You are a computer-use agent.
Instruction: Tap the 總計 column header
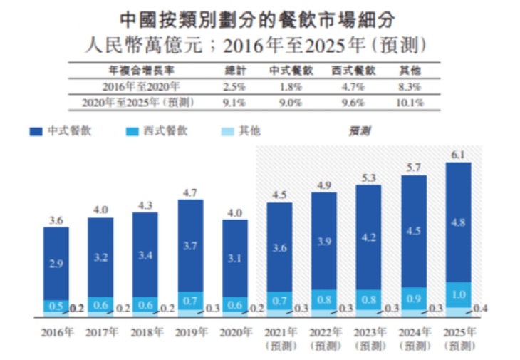click(234, 70)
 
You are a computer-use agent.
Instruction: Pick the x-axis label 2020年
click(235, 333)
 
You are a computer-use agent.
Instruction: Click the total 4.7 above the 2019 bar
click(189, 192)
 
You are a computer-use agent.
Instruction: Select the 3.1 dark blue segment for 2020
click(235, 259)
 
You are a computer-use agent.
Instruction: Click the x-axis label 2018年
click(145, 333)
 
